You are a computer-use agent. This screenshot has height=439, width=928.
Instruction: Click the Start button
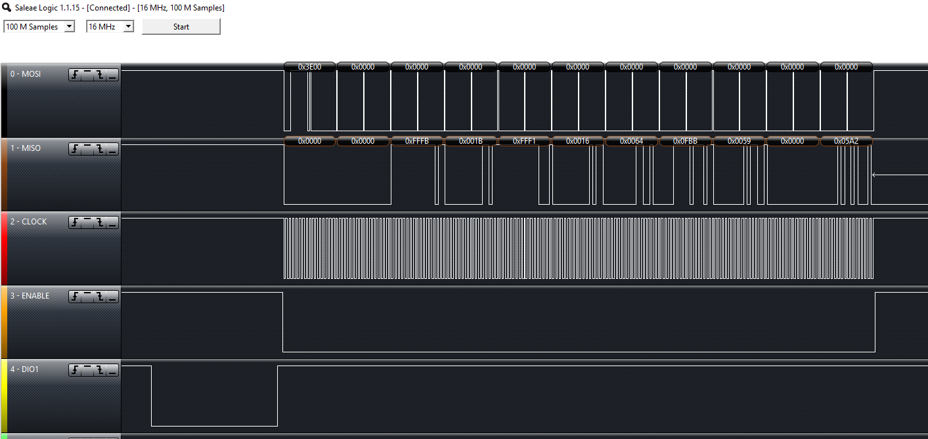pyautogui.click(x=181, y=27)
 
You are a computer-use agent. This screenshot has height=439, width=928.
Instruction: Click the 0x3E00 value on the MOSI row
pyautogui.click(x=310, y=67)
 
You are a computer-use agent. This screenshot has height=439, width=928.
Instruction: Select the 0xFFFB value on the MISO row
pyautogui.click(x=417, y=141)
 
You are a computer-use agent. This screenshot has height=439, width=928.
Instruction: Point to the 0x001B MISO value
pyautogui.click(x=471, y=141)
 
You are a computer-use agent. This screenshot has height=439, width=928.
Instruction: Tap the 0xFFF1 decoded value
pyautogui.click(x=525, y=141)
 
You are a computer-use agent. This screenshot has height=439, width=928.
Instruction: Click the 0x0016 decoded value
pyautogui.click(x=578, y=141)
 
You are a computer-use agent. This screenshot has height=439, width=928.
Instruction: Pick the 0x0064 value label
pyautogui.click(x=632, y=141)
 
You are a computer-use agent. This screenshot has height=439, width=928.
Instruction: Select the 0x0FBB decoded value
pyautogui.click(x=686, y=141)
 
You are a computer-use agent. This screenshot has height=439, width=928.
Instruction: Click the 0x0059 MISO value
pyautogui.click(x=740, y=141)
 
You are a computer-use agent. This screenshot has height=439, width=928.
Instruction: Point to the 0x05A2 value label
pyautogui.click(x=846, y=141)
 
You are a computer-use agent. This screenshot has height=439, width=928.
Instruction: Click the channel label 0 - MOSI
pyautogui.click(x=26, y=74)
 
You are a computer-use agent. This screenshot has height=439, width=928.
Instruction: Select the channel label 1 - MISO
pyautogui.click(x=26, y=148)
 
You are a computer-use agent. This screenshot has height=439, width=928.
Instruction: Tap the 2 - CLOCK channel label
pyautogui.click(x=28, y=222)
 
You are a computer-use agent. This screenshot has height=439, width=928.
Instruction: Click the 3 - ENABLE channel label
pyautogui.click(x=30, y=296)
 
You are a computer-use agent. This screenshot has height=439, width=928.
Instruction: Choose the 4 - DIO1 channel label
pyautogui.click(x=25, y=369)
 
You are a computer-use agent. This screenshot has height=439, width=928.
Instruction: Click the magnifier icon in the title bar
pyautogui.click(x=7, y=8)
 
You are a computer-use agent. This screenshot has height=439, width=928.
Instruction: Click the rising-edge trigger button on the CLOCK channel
pyautogui.click(x=76, y=222)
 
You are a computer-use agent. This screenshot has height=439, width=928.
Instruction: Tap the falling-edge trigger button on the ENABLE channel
pyautogui.click(x=100, y=297)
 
